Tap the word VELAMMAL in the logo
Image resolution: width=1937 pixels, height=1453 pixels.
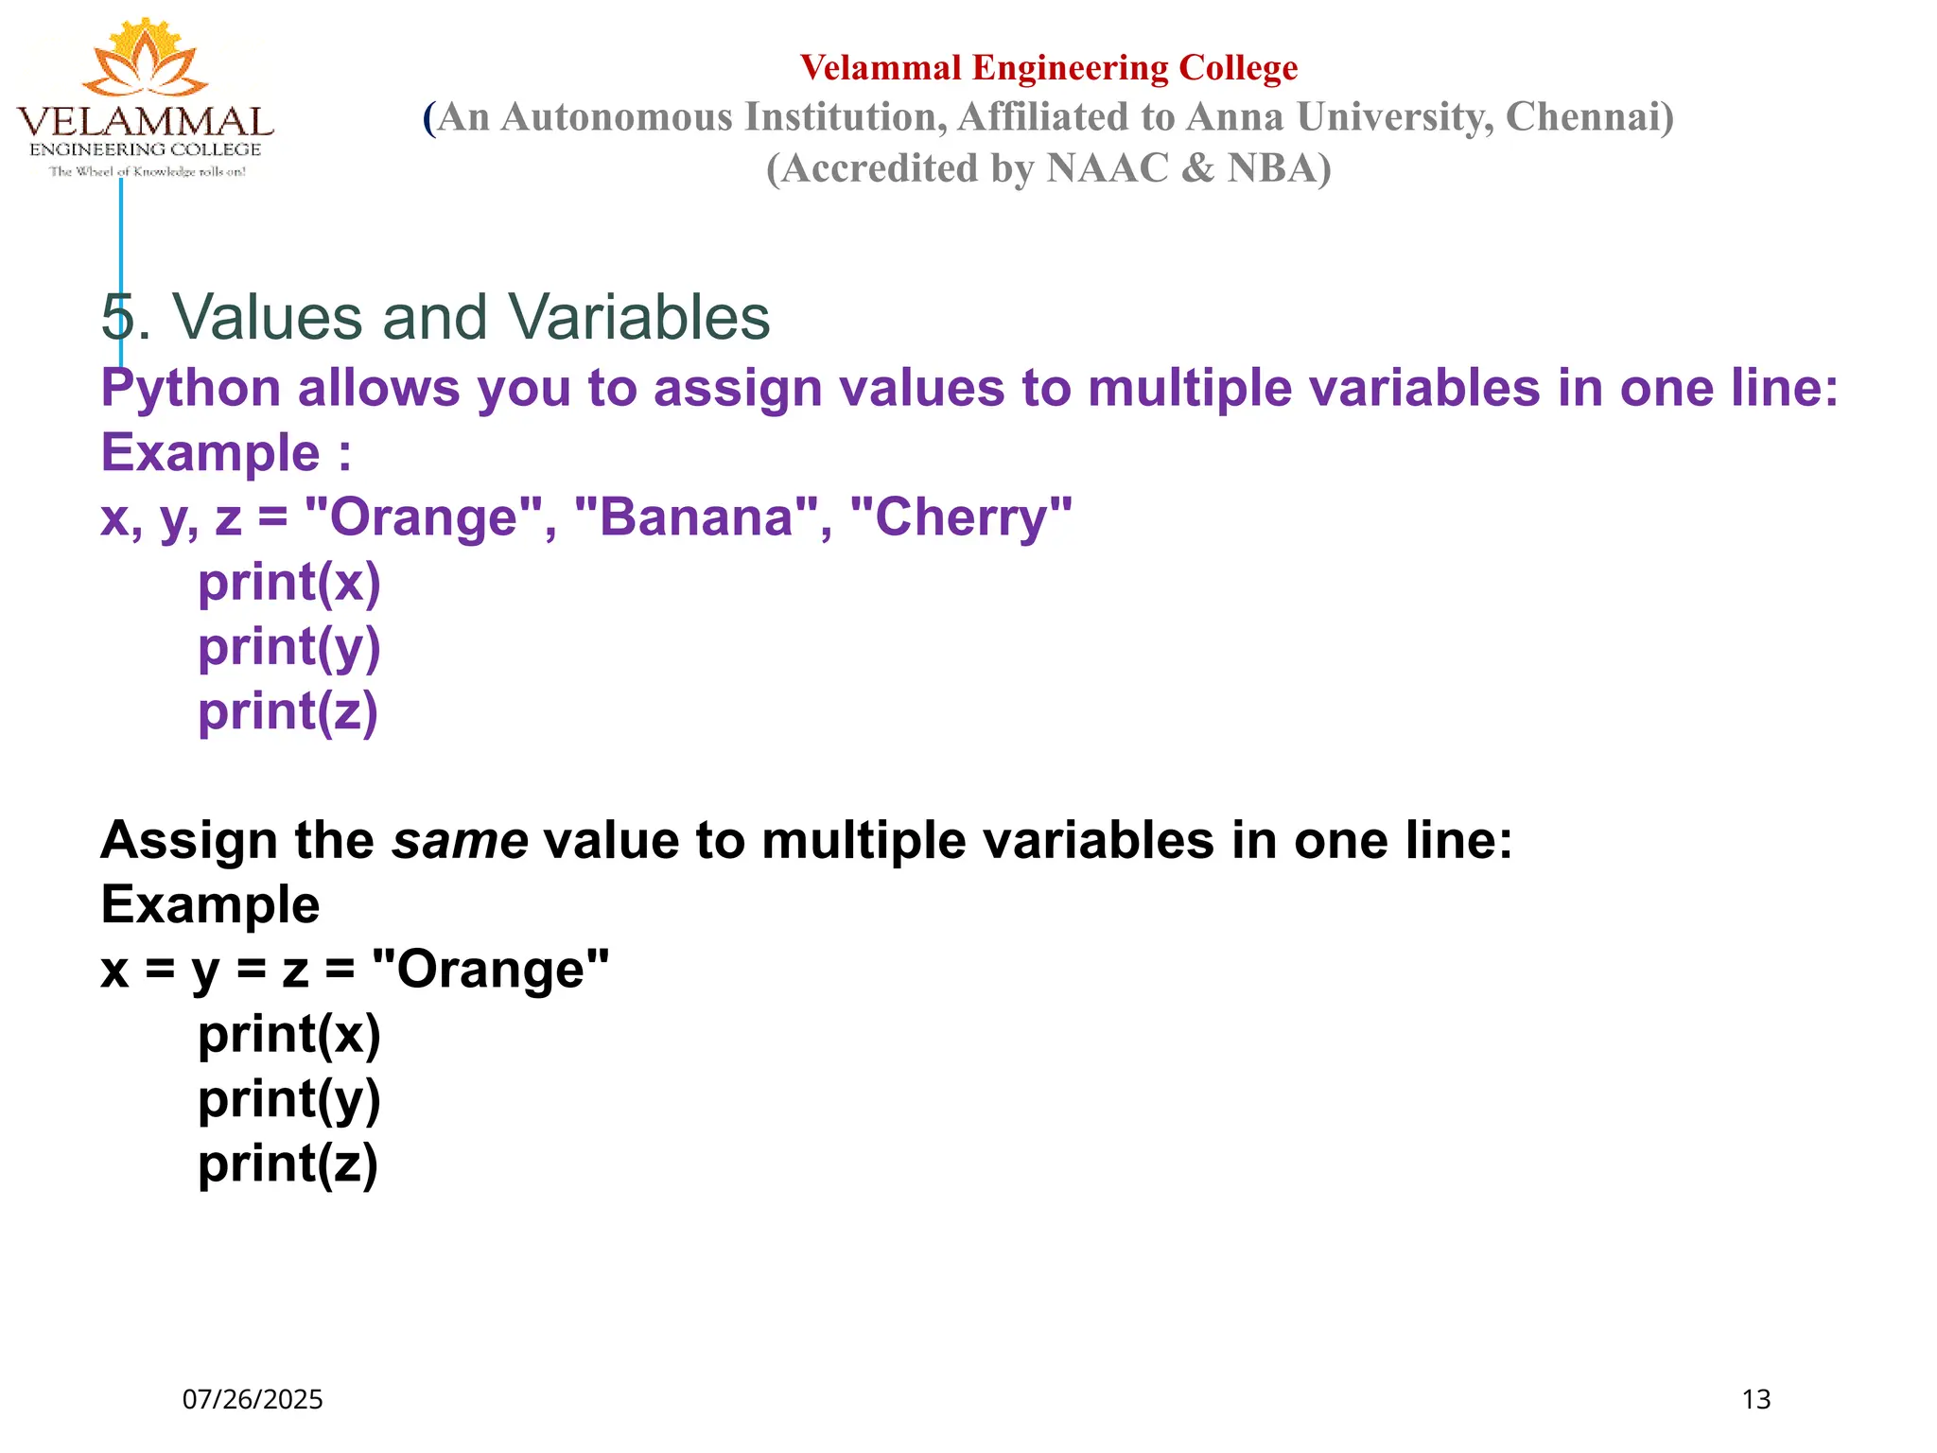pyautogui.click(x=145, y=122)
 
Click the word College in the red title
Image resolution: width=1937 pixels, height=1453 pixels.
pyautogui.click(x=1238, y=68)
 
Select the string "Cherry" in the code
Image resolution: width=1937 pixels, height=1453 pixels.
pyautogui.click(x=961, y=517)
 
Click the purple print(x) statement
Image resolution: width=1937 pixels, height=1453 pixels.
pyautogui.click(x=288, y=583)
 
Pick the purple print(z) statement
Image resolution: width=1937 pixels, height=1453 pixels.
pyautogui.click(x=288, y=711)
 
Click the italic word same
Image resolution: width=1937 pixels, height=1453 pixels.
pyautogui.click(x=460, y=840)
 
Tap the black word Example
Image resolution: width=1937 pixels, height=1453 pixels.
pyautogui.click(x=210, y=904)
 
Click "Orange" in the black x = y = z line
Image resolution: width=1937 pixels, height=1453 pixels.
pyautogui.click(x=490, y=970)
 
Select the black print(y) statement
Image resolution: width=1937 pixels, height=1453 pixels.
pyautogui.click(x=288, y=1099)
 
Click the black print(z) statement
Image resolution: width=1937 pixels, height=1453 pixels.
pyautogui.click(x=288, y=1164)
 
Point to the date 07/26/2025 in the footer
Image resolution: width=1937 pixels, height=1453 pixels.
pyautogui.click(x=253, y=1399)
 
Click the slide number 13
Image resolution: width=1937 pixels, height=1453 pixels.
pyautogui.click(x=1755, y=1399)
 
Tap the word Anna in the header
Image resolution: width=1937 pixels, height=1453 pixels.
pyautogui.click(x=1234, y=117)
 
